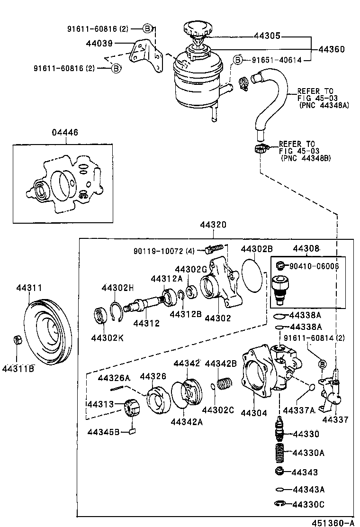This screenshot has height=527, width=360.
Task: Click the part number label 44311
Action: click(29, 288)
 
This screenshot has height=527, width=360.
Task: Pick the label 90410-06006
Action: click(313, 266)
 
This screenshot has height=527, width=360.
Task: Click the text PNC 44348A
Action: click(324, 105)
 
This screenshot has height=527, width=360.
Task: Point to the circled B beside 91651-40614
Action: click(238, 60)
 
